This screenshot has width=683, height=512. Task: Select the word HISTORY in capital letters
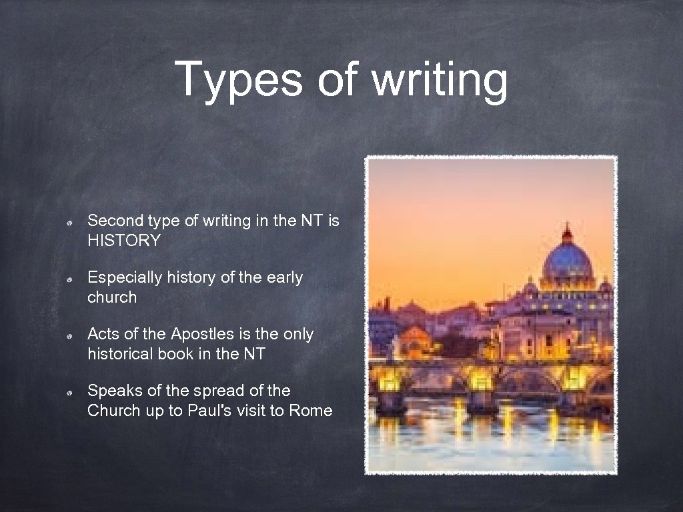[124, 241]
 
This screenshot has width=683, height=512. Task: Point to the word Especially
[124, 277]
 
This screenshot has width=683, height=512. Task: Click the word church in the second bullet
[111, 297]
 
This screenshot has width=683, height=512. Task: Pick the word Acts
[103, 333]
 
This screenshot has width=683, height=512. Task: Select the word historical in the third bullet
[120, 353]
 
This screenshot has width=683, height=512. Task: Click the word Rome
[310, 411]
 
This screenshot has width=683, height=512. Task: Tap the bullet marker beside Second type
[69, 222]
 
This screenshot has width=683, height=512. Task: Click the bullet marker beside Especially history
[69, 279]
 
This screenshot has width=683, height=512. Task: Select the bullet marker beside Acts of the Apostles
[69, 335]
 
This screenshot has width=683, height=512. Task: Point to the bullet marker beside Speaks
[69, 391]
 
